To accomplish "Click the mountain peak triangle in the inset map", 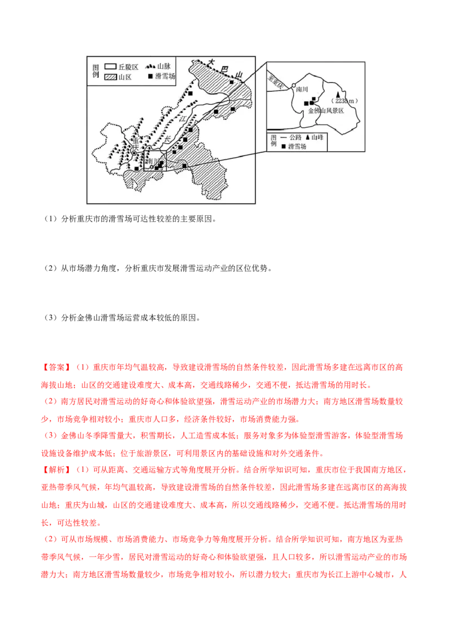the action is [338, 95].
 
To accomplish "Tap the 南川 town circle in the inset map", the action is [294, 86].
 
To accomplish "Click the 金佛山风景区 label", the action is [326, 110].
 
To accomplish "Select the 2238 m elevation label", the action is [344, 101].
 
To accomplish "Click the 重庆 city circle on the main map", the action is [134, 153].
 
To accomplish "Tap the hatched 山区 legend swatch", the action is [110, 77].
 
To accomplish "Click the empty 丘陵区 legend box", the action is [110, 67].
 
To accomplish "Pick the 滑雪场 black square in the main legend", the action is [150, 77].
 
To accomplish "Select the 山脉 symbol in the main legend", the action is [150, 67].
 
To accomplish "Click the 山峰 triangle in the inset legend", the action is [308, 138].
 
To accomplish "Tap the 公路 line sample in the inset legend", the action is [284, 138].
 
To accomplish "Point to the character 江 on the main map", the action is [182, 119].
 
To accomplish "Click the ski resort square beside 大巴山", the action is [232, 82].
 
